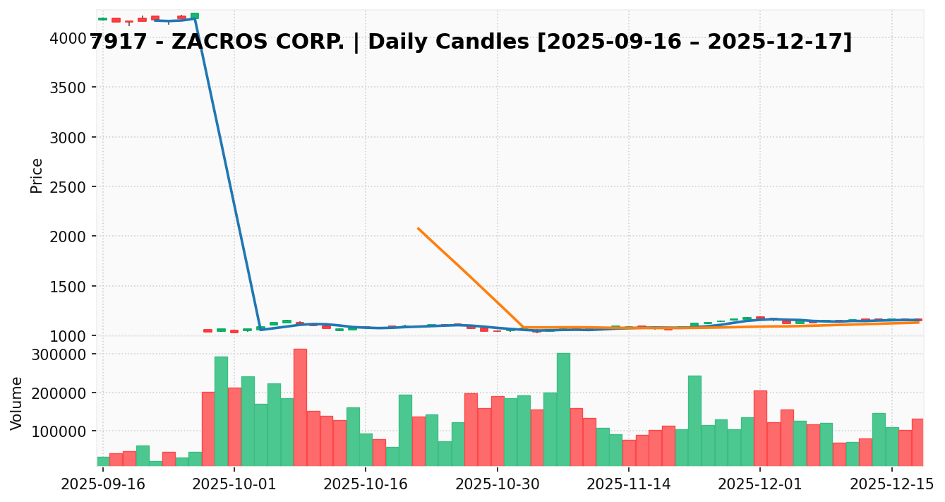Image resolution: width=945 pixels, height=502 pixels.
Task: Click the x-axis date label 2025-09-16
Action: point(103,484)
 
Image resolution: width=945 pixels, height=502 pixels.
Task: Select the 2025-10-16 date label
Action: point(366,484)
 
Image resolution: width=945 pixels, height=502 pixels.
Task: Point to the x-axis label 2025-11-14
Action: point(629,484)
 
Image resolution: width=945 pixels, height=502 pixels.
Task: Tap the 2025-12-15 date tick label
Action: point(891,484)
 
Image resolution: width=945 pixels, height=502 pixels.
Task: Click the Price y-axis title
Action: point(37,175)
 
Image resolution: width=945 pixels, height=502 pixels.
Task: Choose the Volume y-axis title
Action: point(17,402)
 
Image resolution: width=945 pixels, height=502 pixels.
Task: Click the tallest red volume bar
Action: point(300,407)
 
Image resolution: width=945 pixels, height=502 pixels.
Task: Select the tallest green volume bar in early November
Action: point(563,409)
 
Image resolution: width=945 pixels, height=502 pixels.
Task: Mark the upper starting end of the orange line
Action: point(418,228)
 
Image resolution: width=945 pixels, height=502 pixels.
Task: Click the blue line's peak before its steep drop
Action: point(194,18)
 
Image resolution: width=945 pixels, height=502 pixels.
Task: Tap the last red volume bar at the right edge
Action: point(917,442)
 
